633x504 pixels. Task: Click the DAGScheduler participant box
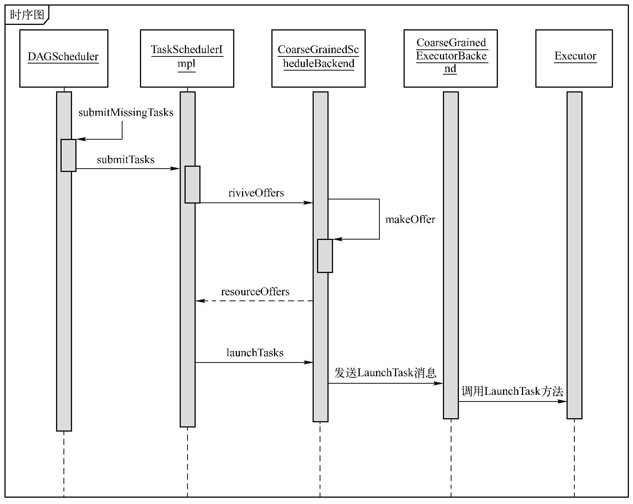pos(63,58)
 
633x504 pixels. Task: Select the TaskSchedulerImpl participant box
pos(187,58)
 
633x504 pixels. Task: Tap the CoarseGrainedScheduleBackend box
pos(318,58)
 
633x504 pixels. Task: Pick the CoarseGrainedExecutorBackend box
pos(450,58)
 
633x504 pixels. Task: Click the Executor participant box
pos(574,58)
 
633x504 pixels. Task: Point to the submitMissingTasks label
pos(126,113)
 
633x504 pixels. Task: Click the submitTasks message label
pos(125,160)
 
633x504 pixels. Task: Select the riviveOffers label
pos(256,193)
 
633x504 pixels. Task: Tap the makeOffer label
pos(410,220)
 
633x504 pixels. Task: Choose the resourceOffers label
pos(255,292)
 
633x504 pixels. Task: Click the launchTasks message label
pos(255,352)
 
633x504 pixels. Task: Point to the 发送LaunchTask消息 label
pos(385,373)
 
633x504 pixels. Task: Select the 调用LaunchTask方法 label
pos(512,391)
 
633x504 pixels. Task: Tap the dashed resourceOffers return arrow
pos(254,301)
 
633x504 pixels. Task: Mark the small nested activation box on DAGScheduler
pos(68,155)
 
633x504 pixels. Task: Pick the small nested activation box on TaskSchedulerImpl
pos(192,184)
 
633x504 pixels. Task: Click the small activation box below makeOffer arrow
pos(325,256)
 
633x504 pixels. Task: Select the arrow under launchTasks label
pos(254,362)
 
